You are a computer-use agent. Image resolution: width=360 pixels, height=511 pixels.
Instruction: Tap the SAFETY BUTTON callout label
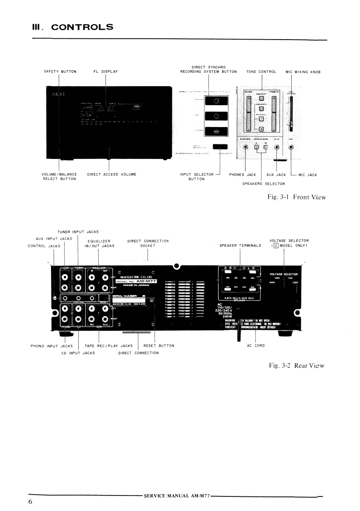(60, 72)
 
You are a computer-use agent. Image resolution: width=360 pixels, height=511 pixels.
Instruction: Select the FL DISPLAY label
(106, 72)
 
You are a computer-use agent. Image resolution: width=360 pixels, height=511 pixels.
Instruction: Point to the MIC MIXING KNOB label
(303, 72)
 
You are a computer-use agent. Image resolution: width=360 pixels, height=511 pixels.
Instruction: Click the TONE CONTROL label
(261, 72)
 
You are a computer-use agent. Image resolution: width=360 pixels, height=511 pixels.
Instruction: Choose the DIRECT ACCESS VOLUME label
(112, 174)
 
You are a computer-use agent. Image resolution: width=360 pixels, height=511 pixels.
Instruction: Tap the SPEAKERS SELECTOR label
(264, 184)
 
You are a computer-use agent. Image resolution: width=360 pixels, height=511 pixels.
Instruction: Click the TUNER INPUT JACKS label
(78, 232)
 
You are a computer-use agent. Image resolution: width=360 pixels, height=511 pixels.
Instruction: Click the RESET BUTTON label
(159, 345)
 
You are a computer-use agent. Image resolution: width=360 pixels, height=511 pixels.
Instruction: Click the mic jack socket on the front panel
(291, 148)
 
